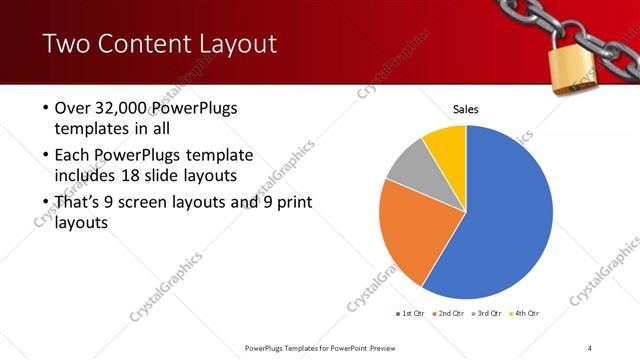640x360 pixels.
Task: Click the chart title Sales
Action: click(x=466, y=108)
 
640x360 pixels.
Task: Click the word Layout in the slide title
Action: click(x=234, y=44)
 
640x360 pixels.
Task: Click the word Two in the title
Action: click(x=67, y=44)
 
